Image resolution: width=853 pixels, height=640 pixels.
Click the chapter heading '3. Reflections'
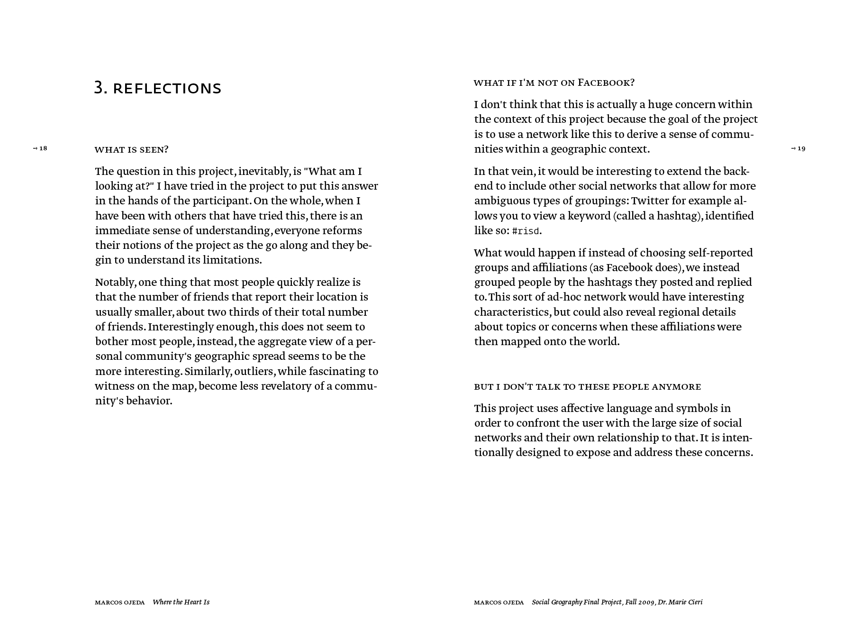[x=158, y=88]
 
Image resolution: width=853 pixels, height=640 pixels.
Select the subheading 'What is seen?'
[x=131, y=150]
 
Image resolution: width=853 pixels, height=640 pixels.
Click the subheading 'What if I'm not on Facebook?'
[x=554, y=83]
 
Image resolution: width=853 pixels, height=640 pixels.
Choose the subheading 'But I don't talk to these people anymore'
[x=587, y=387]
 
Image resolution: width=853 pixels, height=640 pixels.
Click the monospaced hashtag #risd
[x=526, y=231]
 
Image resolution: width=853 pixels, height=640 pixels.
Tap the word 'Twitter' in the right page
[x=649, y=201]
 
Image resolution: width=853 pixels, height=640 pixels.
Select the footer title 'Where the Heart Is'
[x=181, y=602]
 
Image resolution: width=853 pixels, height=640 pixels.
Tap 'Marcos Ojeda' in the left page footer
[x=120, y=603]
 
